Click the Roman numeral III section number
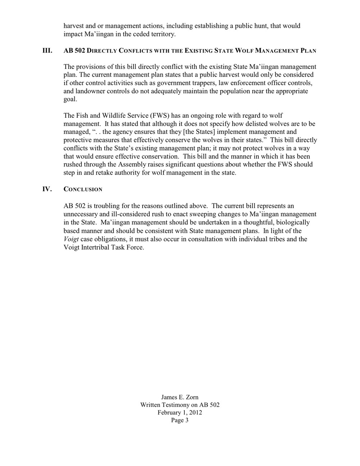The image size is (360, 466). pyautogui.click(x=48, y=50)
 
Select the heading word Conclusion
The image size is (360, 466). pyautogui.click(x=83, y=189)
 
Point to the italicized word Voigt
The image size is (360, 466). pyautogui.click(x=71, y=239)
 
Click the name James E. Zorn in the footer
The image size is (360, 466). pyautogui.click(x=180, y=397)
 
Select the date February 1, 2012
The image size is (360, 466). pyautogui.click(x=180, y=412)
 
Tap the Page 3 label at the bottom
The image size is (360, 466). pyautogui.click(x=180, y=420)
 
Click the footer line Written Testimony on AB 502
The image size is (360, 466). pyautogui.click(x=180, y=405)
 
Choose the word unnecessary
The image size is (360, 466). pyautogui.click(x=81, y=214)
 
